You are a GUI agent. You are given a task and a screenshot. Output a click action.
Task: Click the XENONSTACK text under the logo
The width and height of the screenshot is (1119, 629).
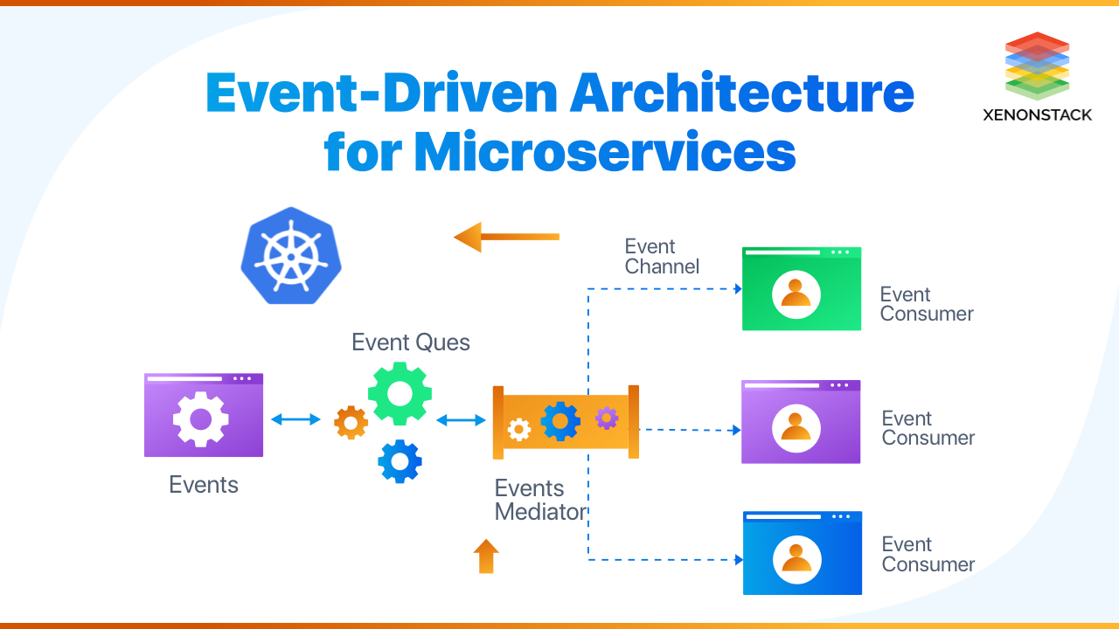[1037, 114]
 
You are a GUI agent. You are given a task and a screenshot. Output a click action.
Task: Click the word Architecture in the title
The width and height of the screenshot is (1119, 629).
[741, 93]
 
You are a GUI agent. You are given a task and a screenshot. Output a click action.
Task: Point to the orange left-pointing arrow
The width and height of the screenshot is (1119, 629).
[506, 237]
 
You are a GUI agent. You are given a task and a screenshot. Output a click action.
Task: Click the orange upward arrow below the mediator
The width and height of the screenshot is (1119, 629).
[486, 556]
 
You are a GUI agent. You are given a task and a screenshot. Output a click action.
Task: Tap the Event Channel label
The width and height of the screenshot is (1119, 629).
[662, 257]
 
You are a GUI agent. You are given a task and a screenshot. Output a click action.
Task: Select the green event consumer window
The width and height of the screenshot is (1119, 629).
[801, 289]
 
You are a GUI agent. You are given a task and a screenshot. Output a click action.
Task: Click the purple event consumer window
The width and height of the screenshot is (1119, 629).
[801, 422]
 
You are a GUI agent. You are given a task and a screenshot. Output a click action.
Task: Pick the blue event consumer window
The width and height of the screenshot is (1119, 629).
[802, 553]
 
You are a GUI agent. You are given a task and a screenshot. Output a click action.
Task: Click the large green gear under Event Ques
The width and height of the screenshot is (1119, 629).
[400, 394]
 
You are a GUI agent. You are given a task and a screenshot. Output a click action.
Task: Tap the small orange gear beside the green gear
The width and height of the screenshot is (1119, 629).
[351, 423]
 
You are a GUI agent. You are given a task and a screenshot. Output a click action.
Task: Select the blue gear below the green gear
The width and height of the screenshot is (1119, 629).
[400, 461]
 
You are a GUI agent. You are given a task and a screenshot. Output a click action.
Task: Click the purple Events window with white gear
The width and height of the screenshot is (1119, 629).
[203, 416]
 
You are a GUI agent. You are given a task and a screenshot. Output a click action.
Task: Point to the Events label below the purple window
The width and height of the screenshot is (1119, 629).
[203, 485]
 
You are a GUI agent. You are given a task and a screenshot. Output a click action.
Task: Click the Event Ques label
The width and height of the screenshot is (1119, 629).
[410, 342]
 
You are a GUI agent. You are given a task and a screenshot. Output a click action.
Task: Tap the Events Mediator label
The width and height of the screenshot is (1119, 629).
[539, 500]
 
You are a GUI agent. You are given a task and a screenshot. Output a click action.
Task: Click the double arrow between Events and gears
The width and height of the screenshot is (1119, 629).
[295, 419]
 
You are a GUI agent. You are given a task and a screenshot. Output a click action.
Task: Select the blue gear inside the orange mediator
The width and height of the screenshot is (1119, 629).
[559, 421]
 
